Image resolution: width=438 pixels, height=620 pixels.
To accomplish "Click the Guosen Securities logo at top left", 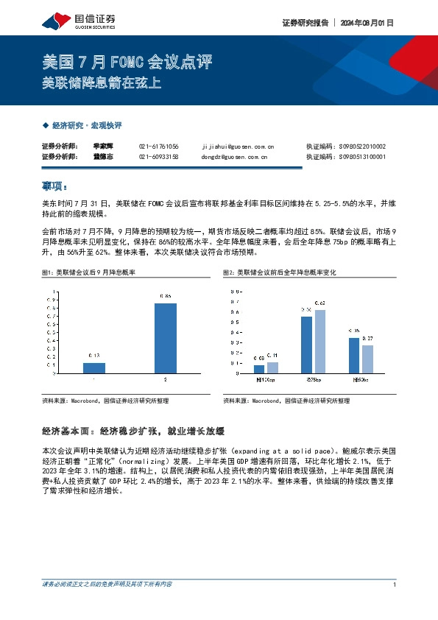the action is pos(79,20).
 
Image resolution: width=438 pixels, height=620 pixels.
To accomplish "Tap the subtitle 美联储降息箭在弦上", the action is pos(101,83).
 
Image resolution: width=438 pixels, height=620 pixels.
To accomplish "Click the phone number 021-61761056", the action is pos(158,146).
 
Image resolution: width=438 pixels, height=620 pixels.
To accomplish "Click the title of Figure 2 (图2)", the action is pos(279,272).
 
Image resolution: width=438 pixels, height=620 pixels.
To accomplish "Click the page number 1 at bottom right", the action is pos(395,585).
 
